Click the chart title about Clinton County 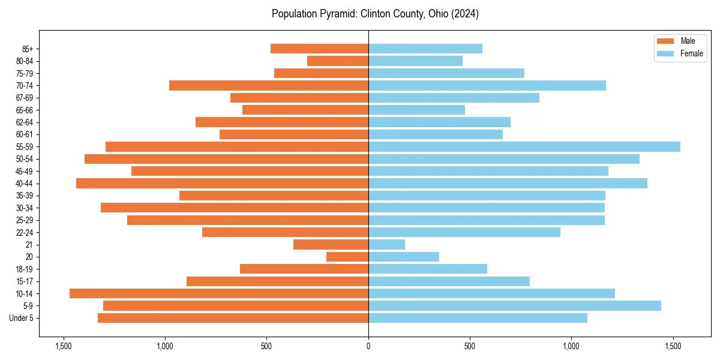click(375, 14)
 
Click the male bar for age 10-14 click(219, 293)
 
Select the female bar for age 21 click(386, 244)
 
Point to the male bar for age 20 click(347, 257)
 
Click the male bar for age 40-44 click(222, 183)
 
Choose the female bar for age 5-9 click(514, 305)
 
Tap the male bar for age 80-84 click(338, 61)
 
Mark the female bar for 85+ click(425, 49)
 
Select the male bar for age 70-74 click(269, 85)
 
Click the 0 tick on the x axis click(368, 346)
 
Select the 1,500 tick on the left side click(64, 346)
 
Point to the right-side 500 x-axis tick click(470, 346)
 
